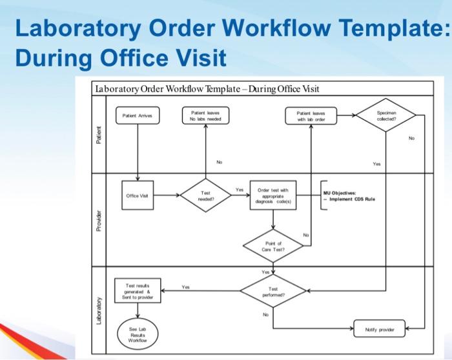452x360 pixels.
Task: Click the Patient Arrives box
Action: (x=138, y=116)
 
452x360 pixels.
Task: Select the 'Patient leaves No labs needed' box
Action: (x=205, y=115)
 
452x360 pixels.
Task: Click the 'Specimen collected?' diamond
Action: (x=386, y=115)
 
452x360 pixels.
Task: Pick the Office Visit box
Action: (x=138, y=195)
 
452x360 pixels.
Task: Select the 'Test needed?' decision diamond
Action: (x=205, y=195)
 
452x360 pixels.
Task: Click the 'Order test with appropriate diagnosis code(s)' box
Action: (x=273, y=195)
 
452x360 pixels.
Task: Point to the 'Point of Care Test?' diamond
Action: (x=273, y=246)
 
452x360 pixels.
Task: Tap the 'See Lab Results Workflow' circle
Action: (x=138, y=334)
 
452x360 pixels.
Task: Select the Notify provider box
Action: (x=379, y=329)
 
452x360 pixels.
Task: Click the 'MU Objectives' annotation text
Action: (x=349, y=195)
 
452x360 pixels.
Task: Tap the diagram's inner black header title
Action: (x=207, y=88)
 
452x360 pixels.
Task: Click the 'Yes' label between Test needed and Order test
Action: (x=240, y=190)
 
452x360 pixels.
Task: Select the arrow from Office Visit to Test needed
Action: (x=166, y=195)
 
